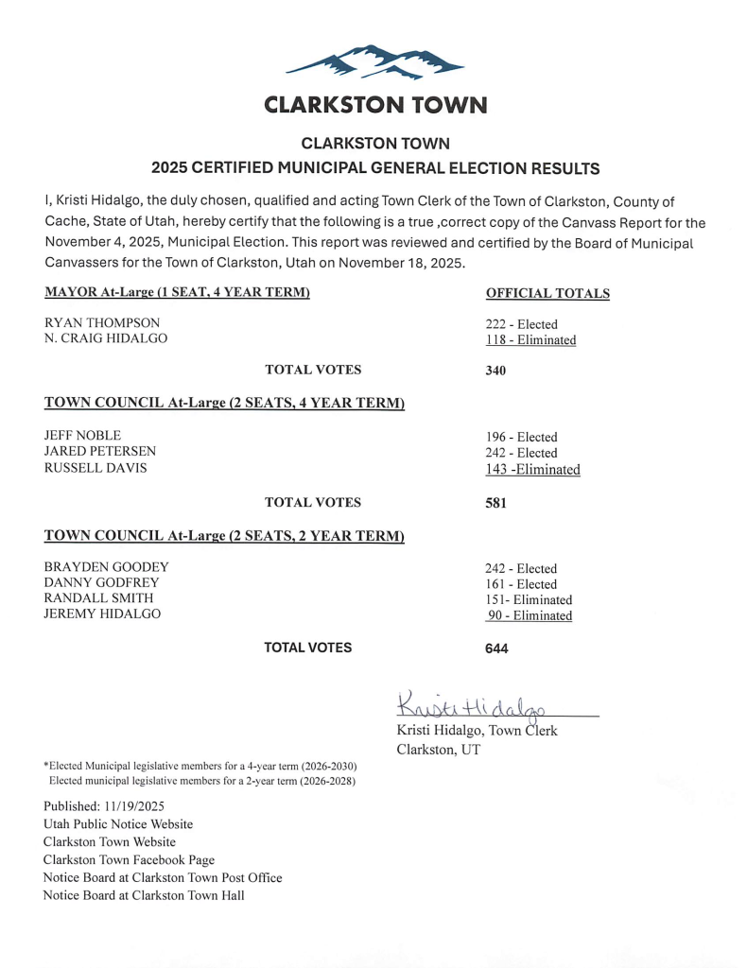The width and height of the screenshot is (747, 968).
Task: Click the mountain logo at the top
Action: (374, 62)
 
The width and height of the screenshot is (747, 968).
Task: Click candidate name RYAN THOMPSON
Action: (102, 323)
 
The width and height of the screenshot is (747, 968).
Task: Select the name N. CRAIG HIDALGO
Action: (106, 339)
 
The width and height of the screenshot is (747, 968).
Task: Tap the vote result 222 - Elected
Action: (521, 324)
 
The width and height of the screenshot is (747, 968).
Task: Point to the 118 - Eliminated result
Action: (530, 340)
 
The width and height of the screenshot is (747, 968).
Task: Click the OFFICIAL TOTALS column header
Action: (547, 294)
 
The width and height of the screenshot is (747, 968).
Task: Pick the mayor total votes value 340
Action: (495, 371)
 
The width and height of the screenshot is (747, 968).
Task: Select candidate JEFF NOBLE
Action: (82, 436)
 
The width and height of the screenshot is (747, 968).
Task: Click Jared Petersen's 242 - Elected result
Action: (521, 453)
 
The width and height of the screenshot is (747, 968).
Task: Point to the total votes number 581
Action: (495, 503)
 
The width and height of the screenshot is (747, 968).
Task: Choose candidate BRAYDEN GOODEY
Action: (106, 567)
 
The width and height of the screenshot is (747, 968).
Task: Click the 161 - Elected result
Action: (521, 584)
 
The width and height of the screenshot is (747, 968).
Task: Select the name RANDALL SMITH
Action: (98, 598)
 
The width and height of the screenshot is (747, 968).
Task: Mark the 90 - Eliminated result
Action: (530, 616)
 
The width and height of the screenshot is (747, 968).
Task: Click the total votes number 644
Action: (495, 648)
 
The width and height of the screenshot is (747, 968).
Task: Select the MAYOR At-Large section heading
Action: (177, 292)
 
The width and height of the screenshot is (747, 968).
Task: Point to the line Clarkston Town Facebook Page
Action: (129, 859)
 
